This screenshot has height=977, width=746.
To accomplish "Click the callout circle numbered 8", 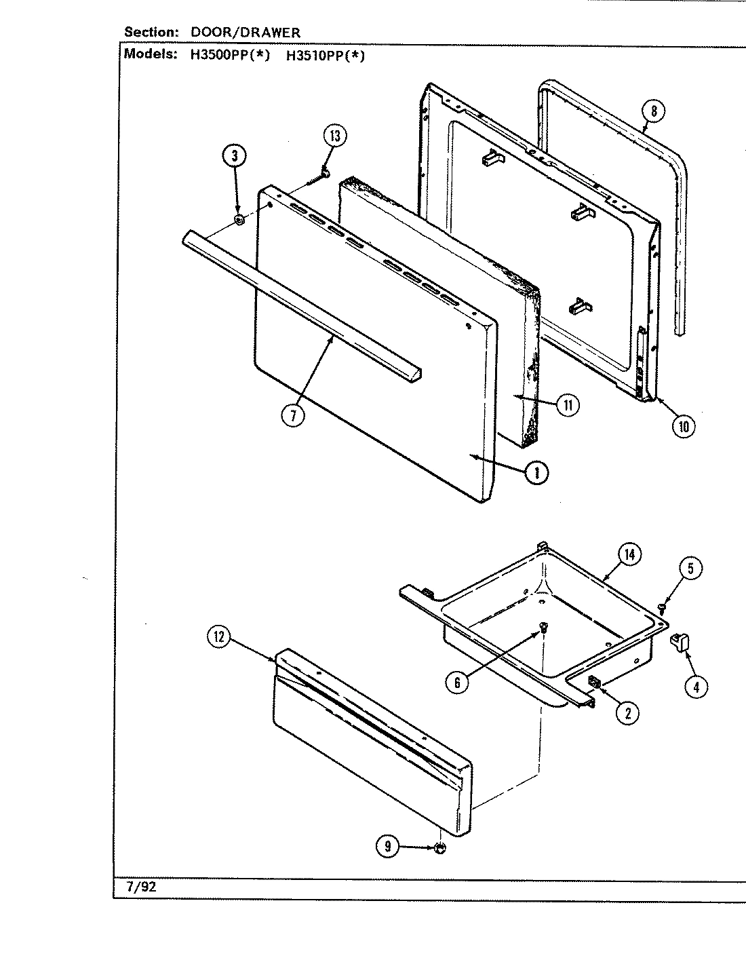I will pyautogui.click(x=652, y=111).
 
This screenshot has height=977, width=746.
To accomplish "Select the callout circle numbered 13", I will pyautogui.click(x=334, y=136).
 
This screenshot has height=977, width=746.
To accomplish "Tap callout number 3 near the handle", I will pyautogui.click(x=234, y=156).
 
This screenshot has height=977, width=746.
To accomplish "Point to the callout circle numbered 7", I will pyautogui.click(x=293, y=416).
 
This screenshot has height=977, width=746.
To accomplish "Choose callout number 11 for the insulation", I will pyautogui.click(x=567, y=406).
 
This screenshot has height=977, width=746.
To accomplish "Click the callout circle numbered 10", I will pyautogui.click(x=683, y=426).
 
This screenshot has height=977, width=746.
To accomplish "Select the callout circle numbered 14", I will pyautogui.click(x=629, y=555).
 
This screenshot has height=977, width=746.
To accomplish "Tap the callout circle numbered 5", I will pyautogui.click(x=690, y=569).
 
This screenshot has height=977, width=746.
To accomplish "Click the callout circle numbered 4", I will pyautogui.click(x=695, y=687).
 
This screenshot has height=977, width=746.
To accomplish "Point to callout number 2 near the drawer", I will pyautogui.click(x=627, y=712).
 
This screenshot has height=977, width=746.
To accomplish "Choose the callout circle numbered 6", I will pyautogui.click(x=457, y=683).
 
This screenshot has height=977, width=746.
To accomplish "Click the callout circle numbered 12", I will pyautogui.click(x=219, y=637).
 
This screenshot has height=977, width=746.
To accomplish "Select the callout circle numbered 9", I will pyautogui.click(x=387, y=846).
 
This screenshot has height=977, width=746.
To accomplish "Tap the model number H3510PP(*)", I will pyautogui.click(x=325, y=56).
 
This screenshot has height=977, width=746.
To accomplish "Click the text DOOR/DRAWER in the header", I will pyautogui.click(x=245, y=32).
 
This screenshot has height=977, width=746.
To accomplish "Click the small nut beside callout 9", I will pyautogui.click(x=439, y=847).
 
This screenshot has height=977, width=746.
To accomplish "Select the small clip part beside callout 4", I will pyautogui.click(x=680, y=640).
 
